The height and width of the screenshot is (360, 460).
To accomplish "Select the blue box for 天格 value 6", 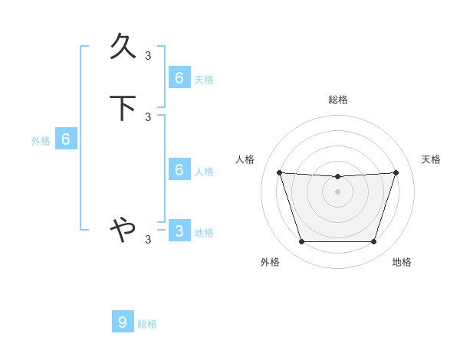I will point(179,77).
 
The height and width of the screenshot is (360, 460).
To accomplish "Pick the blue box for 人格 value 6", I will point(179,169).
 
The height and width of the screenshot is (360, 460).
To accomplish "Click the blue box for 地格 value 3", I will point(179,231).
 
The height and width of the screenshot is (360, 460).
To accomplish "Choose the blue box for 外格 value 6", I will point(66,139).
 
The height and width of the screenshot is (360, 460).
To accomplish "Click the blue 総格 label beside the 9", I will point(147,324).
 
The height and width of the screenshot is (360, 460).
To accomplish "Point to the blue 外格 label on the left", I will point(41,141).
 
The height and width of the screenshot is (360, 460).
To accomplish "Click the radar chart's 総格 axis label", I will point(338,100).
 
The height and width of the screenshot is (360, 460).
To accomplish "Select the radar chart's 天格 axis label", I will point(432,159).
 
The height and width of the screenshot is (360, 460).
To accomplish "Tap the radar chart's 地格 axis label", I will point(402,262).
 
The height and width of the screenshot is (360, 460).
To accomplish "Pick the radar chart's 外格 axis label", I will point(270,262).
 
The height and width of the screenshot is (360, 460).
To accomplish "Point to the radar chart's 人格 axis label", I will point(245,159).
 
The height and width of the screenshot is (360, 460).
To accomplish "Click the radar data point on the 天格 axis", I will point(396,172).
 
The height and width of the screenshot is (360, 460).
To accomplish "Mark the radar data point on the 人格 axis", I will point(279,172).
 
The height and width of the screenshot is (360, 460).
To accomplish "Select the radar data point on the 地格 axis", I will point(373,242).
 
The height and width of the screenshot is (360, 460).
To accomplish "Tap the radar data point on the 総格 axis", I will point(337,177).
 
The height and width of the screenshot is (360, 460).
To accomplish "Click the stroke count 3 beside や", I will point(148,240).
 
